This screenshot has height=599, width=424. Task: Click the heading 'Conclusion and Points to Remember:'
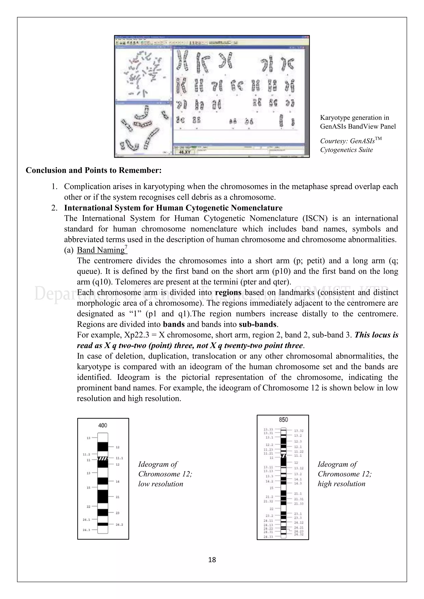(x=93, y=170)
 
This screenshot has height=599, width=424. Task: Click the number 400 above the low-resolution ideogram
(x=103, y=425)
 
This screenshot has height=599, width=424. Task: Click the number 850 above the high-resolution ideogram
(x=283, y=420)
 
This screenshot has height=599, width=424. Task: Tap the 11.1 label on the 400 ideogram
(x=119, y=458)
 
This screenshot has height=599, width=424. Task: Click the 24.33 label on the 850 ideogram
(x=268, y=537)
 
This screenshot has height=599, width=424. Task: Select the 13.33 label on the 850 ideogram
(x=268, y=429)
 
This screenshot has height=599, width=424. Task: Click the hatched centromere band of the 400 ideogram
(x=103, y=458)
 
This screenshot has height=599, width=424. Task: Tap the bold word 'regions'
(x=228, y=292)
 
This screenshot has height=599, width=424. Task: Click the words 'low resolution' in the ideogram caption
(x=161, y=484)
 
